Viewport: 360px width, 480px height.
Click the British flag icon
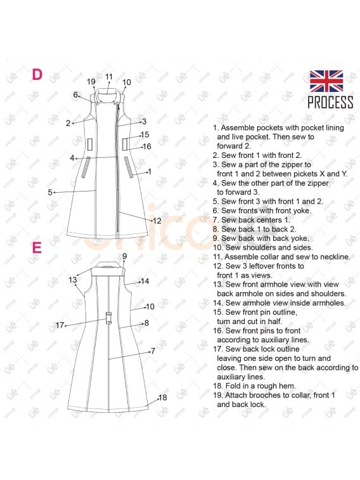(x=326, y=81)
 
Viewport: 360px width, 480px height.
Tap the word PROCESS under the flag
(x=330, y=102)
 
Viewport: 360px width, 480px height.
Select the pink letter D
(x=37, y=74)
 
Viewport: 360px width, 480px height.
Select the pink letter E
(x=37, y=247)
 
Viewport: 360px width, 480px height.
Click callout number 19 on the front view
(x=91, y=82)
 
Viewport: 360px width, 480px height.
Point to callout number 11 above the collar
(x=109, y=77)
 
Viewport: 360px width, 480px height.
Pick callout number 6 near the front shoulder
(x=75, y=95)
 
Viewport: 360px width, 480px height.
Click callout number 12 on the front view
(x=157, y=221)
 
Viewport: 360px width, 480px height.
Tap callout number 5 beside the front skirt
(x=50, y=192)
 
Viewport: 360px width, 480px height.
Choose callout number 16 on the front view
(x=147, y=146)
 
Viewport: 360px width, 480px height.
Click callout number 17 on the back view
(x=60, y=325)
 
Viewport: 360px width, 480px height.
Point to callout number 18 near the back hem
(x=162, y=398)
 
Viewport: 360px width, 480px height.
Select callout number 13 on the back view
(x=72, y=280)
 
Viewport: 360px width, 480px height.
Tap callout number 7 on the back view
(x=153, y=351)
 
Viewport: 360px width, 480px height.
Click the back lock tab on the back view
(x=108, y=318)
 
